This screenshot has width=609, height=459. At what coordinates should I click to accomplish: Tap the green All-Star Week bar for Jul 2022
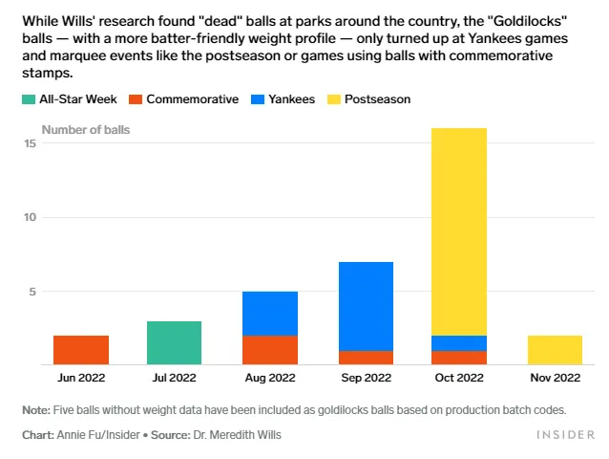174,342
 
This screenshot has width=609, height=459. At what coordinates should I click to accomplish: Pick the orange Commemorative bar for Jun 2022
81,350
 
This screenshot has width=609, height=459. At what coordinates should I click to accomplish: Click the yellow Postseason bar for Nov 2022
554,350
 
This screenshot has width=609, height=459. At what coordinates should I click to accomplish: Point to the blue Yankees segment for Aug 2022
270,314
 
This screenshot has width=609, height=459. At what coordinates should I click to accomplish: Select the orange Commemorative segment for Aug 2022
270,350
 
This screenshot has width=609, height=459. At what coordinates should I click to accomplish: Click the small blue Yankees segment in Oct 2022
458,342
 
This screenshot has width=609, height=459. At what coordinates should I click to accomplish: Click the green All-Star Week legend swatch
28,99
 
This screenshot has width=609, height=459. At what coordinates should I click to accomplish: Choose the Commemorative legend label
192,99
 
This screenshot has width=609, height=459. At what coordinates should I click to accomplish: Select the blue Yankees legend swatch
257,99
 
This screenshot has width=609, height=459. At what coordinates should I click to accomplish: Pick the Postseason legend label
377,99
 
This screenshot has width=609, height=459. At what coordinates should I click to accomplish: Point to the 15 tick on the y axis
31,143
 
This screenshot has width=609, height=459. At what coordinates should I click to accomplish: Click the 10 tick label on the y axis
31,217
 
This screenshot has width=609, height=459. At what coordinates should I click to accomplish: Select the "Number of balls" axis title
86,128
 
